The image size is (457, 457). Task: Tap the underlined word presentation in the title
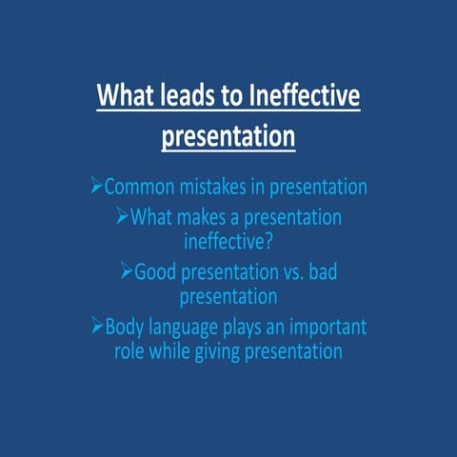point(228,135)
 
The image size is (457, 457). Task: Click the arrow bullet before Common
point(96,188)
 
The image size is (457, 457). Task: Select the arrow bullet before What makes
point(122,218)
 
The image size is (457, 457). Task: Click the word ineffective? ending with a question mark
point(228,242)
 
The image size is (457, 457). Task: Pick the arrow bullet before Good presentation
point(127,273)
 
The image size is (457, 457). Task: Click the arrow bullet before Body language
point(96,328)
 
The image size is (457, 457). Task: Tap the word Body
point(126,328)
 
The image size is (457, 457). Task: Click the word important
point(325,328)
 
